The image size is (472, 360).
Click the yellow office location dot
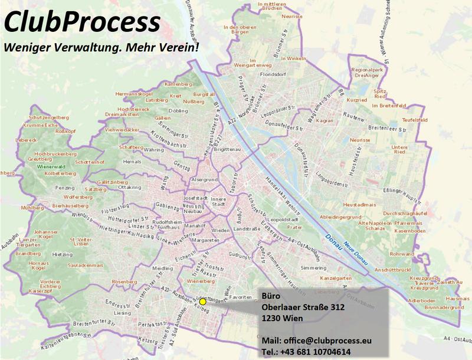pyautogui.click(x=202, y=302)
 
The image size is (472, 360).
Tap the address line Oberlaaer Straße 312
pyautogui.click(x=303, y=307)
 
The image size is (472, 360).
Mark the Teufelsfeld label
pyautogui.click(x=414, y=119)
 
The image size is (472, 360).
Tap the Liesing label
pyautogui.click(x=123, y=313)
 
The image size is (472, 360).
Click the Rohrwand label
pyautogui.click(x=402, y=254)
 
